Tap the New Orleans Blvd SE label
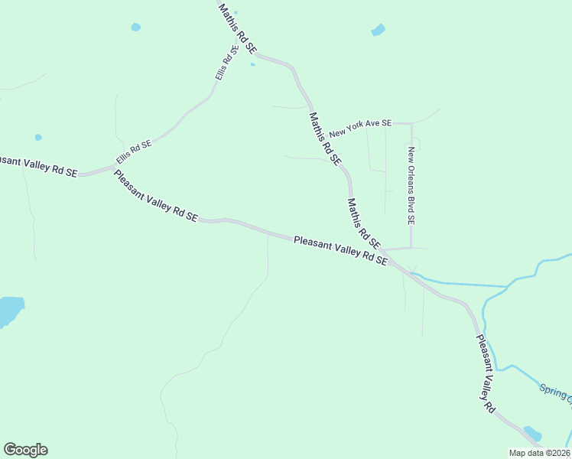[411, 184]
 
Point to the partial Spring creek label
[555, 392]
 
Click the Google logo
[25, 450]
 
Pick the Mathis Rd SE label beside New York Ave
[324, 138]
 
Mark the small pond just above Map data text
[532, 434]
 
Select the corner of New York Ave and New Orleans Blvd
[411, 123]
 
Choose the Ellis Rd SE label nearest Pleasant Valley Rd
[135, 151]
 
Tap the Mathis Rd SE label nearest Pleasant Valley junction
[363, 223]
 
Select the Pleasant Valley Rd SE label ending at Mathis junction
[340, 250]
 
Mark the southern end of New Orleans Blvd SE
[411, 248]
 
